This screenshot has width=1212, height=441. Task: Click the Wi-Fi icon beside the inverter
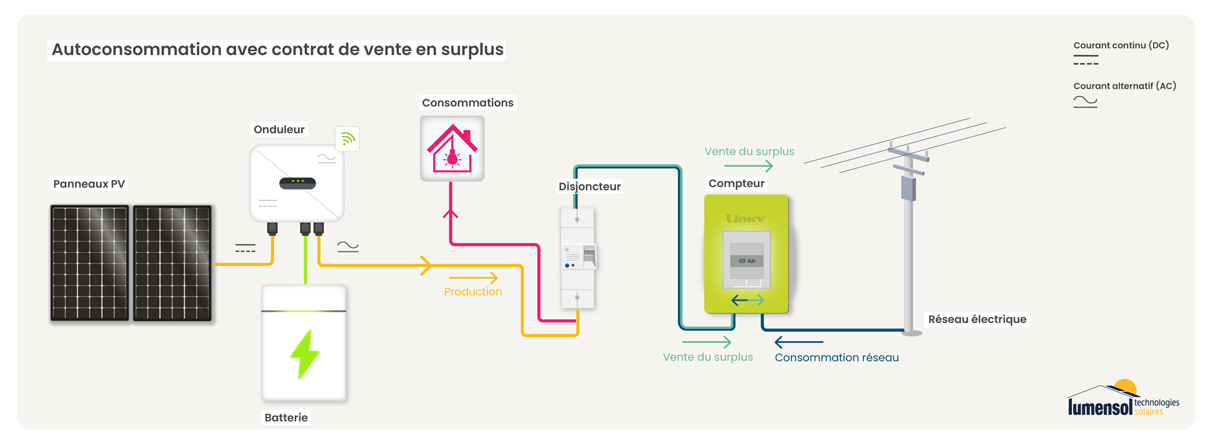[x=347, y=139]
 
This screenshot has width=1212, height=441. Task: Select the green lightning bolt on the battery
[x=305, y=354]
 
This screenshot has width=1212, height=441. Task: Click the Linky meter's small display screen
[x=747, y=260]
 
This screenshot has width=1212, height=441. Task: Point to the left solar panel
[x=90, y=263]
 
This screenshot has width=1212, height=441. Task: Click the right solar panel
[x=172, y=263]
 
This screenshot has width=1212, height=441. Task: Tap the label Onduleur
[x=279, y=130]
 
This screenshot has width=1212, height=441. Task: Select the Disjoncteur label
[x=590, y=186]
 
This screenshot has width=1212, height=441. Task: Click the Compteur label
[x=736, y=183]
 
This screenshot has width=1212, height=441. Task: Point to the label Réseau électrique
[x=977, y=319]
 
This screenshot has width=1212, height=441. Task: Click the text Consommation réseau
[x=836, y=358]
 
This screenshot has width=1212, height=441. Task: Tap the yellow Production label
[x=473, y=291]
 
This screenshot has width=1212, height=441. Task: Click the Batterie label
[x=286, y=418]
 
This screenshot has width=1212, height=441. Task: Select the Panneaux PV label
[x=89, y=184]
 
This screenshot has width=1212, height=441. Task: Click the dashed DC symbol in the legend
[x=1086, y=60]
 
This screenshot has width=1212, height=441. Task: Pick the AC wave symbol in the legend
[x=1085, y=101]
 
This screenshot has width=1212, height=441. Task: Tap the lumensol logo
[x=1123, y=399]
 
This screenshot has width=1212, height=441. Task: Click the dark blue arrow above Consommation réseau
[x=799, y=342]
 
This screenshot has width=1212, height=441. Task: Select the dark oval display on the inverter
[x=297, y=183]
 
